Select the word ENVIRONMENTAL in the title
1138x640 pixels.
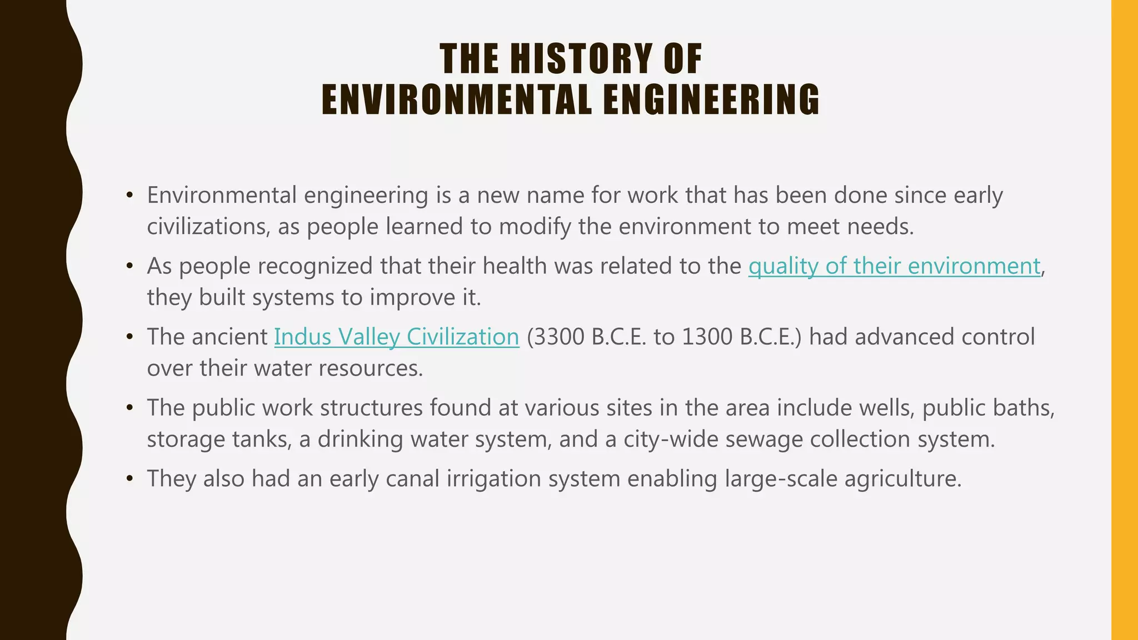(x=457, y=100)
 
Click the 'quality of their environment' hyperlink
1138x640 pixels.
(x=894, y=266)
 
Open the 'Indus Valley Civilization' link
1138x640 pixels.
(x=396, y=337)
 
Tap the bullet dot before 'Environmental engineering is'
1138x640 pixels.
(x=129, y=196)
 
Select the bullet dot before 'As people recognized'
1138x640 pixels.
(x=129, y=267)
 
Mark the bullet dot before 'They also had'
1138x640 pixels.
(x=129, y=479)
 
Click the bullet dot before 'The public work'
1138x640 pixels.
(x=129, y=408)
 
